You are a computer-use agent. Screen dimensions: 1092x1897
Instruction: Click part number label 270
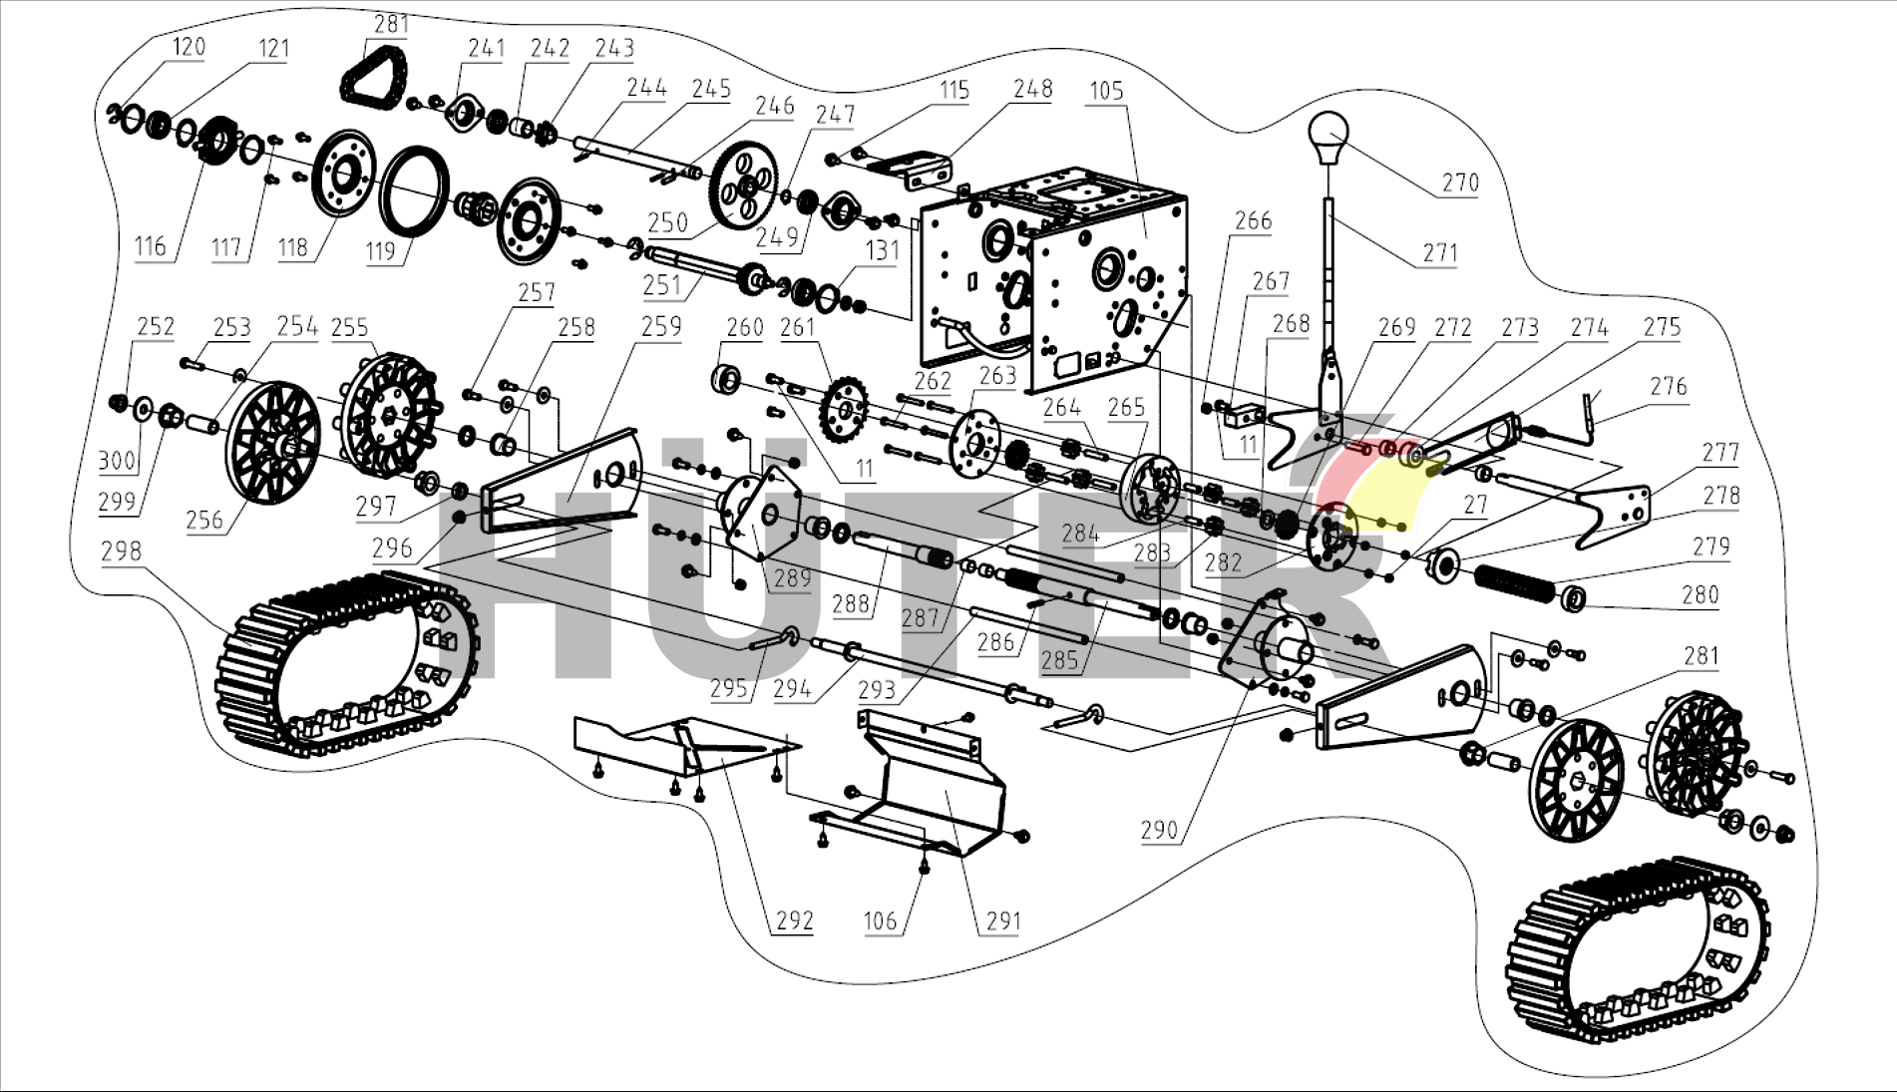coord(1460,182)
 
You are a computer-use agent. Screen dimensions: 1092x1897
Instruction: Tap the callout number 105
coord(1106,91)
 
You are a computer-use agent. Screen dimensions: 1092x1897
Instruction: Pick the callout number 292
coord(795,920)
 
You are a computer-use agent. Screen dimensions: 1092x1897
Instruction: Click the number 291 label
coord(1003,920)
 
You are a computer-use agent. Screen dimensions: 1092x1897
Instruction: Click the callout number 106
coord(880,920)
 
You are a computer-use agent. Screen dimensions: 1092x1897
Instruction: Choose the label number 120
coord(189,46)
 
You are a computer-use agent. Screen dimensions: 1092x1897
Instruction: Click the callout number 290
coord(1159,830)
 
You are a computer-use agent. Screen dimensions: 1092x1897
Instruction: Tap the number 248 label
coord(1032,89)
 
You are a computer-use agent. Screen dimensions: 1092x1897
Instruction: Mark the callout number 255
coord(349,327)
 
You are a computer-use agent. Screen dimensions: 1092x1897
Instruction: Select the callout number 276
coord(1668,386)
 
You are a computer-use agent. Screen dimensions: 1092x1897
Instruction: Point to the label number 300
coord(117,460)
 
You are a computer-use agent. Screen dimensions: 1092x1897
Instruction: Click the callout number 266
coord(1253,220)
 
